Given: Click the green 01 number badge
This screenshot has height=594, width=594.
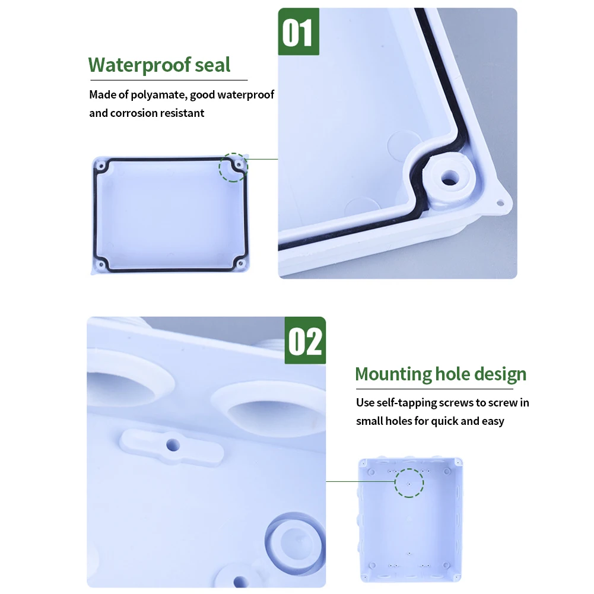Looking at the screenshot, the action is coord(298,32).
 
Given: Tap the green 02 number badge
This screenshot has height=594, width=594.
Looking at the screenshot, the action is coord(305,341).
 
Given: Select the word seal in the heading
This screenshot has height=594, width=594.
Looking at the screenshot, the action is coord(212,65).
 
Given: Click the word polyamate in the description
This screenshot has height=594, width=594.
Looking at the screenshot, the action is coord(158,95).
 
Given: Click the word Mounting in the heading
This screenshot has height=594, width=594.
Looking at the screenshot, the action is coord(393,374).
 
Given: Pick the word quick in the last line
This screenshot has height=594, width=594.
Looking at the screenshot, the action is coord(444,421).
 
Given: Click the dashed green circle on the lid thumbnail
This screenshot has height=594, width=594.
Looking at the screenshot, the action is coord(233,167).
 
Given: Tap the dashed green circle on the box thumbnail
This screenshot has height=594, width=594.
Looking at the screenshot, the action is coord(409,483).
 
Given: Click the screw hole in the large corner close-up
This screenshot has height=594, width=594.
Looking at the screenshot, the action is coord(450,177).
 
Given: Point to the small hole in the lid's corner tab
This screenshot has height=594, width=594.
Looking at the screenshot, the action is coord(500,204).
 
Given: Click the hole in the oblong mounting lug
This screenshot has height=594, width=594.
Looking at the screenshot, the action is coord(173,444).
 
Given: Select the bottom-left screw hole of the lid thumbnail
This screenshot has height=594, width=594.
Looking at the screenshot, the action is coord(101,264).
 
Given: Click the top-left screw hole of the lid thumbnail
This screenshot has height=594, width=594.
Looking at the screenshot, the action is coord(101,166).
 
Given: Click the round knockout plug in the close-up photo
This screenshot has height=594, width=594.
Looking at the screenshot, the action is coord(294,544).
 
